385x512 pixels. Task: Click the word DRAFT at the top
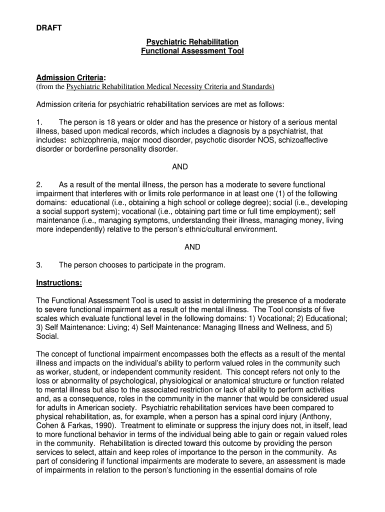click(49, 28)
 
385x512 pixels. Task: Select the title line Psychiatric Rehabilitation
click(192, 42)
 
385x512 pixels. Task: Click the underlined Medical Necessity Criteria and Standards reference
click(170, 87)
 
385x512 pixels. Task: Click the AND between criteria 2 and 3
click(192, 247)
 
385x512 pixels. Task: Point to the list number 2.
click(39, 185)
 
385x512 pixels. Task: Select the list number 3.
click(39, 265)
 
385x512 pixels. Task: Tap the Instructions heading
click(59, 283)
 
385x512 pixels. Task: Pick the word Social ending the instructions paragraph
click(46, 336)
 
